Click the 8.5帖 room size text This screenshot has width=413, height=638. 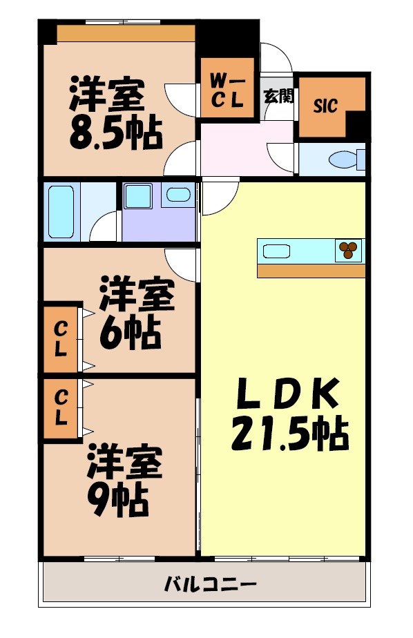pos(115,134)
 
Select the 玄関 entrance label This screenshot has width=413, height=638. pos(278,95)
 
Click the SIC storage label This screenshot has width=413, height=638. pos(325,106)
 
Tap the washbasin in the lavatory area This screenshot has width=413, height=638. pos(178,195)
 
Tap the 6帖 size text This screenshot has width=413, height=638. pos(131,334)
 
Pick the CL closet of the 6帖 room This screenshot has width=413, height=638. pos(61,338)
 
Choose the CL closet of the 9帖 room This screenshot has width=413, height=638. pos(61,407)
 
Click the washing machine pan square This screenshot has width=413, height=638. pos(141,195)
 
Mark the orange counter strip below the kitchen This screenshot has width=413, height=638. pos(311,271)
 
